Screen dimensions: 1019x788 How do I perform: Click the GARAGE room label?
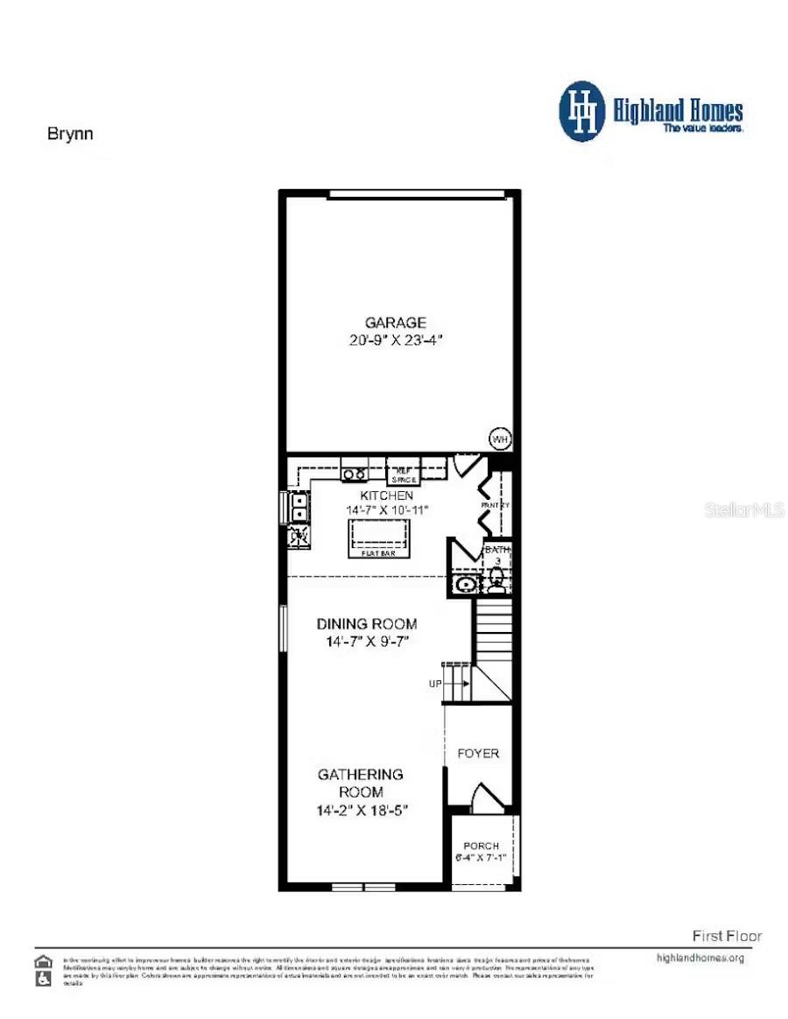397,322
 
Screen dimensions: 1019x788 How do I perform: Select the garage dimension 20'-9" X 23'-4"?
397,341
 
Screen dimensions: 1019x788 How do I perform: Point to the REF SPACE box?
404,473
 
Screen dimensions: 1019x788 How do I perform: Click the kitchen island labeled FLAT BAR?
380,534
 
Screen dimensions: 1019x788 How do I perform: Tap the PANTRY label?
495,506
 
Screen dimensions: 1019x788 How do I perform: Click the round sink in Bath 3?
464,583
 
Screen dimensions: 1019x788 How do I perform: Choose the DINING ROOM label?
366,624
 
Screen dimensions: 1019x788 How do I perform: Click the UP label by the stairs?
435,684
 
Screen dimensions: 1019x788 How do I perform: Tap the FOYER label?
478,753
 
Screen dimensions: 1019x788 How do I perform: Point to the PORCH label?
482,846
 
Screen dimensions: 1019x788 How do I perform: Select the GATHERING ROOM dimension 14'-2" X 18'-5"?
362,811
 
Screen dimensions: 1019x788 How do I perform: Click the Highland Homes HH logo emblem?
582,111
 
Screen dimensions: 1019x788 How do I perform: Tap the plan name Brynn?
69,134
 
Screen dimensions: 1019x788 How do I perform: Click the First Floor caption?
727,936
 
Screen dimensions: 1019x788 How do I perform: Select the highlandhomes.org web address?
700,958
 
